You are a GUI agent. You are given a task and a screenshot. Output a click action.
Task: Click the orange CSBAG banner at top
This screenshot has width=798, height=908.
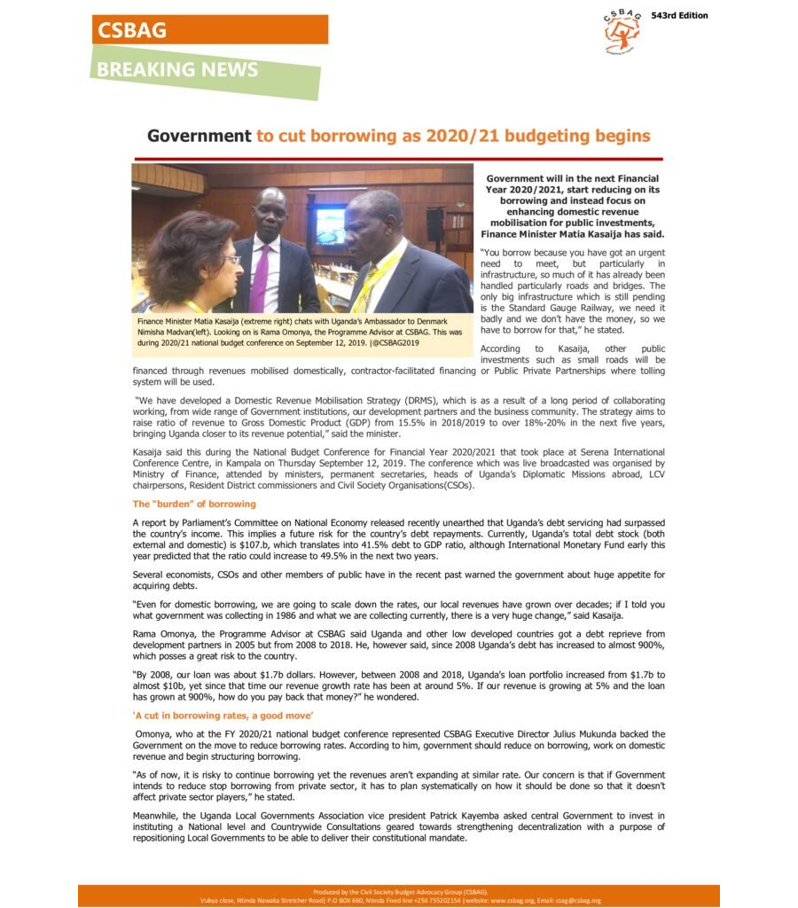[209, 29]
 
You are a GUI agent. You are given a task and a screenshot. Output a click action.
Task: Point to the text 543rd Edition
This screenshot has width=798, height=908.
[679, 16]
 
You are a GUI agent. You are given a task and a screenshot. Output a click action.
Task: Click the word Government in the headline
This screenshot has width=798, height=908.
[199, 136]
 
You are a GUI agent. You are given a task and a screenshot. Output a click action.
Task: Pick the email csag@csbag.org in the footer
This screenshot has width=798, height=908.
[577, 900]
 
